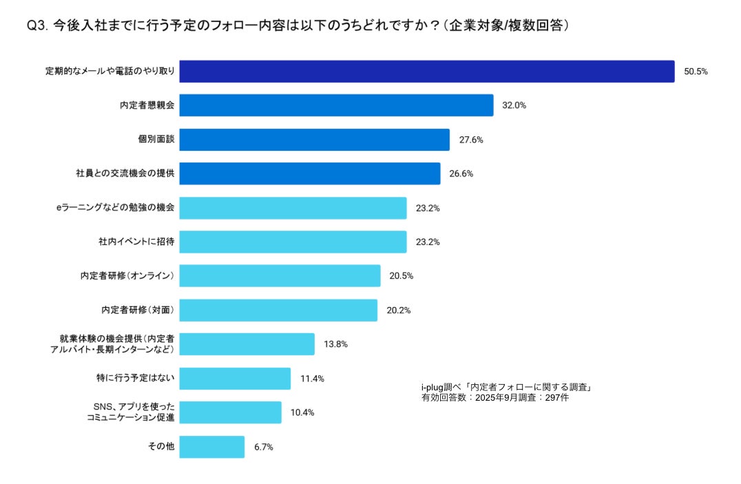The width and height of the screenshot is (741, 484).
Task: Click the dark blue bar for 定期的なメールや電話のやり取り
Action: [427, 72]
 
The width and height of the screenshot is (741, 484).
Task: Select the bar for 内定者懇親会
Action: [336, 105]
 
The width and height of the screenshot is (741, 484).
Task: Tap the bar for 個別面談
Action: [314, 140]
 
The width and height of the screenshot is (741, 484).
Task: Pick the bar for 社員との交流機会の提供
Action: [310, 173]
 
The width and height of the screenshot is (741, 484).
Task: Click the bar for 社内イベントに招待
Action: [293, 242]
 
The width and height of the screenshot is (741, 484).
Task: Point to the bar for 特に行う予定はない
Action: [235, 379]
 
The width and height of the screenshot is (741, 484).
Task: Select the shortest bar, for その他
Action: [212, 447]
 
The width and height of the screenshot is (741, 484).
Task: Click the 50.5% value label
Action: [696, 72]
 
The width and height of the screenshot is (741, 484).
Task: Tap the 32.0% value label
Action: [514, 105]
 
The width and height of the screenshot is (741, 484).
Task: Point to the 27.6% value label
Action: [471, 140]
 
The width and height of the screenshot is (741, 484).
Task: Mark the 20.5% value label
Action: [401, 275]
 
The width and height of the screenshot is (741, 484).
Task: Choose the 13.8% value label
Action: [335, 344]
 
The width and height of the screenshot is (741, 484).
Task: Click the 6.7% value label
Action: [264, 447]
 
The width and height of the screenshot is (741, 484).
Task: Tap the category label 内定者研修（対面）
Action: [137, 310]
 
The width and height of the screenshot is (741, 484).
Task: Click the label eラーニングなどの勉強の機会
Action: [115, 207]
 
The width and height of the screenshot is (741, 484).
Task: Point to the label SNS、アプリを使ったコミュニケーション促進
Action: [130, 412]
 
